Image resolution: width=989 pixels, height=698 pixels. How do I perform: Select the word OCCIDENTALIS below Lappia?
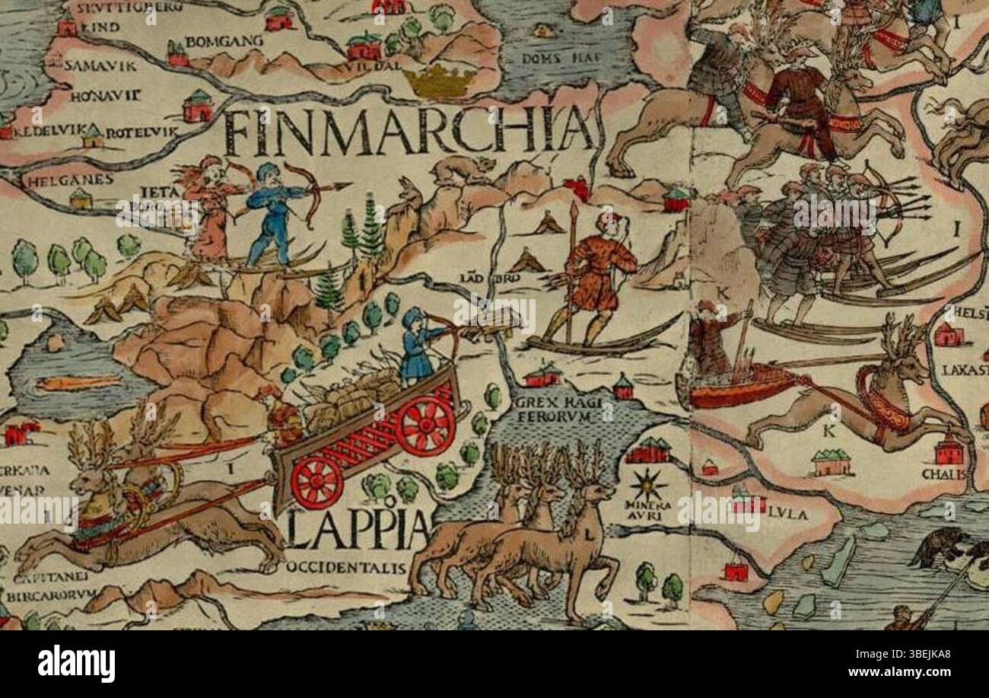tap(347, 568)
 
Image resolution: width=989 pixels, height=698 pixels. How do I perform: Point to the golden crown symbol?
tap(439, 81)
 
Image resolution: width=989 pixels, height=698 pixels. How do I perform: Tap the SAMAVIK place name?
tap(100, 65)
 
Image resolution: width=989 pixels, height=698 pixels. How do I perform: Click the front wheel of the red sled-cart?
tap(425, 425)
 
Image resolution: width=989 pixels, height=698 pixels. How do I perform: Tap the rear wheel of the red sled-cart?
tap(316, 483)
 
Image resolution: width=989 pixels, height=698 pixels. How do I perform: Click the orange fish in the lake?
tap(78, 382)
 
